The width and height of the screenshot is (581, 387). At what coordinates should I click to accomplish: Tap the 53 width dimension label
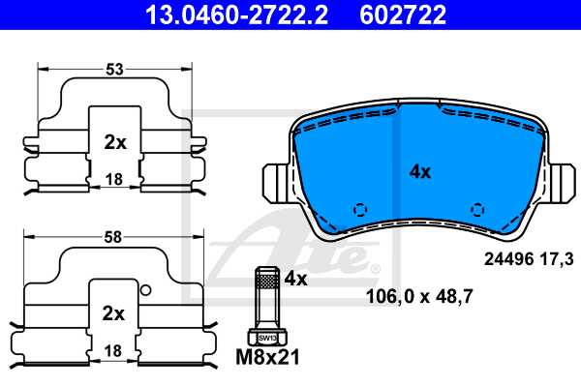point(115,68)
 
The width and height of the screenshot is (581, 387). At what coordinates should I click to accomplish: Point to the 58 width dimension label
point(115,235)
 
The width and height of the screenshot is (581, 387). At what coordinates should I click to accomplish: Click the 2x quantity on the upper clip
point(115,142)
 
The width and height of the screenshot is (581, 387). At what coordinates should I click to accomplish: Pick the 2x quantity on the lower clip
point(115,313)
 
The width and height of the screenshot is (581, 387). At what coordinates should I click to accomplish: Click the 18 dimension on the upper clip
point(115,179)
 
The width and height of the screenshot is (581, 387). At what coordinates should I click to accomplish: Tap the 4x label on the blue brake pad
point(418,171)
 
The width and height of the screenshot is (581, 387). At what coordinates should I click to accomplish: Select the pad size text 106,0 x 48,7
point(418,297)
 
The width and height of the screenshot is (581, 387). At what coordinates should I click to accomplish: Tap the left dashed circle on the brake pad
point(360,210)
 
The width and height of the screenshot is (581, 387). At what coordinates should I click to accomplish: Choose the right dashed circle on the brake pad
point(476,210)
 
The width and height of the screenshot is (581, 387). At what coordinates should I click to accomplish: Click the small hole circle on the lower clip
point(145,290)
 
